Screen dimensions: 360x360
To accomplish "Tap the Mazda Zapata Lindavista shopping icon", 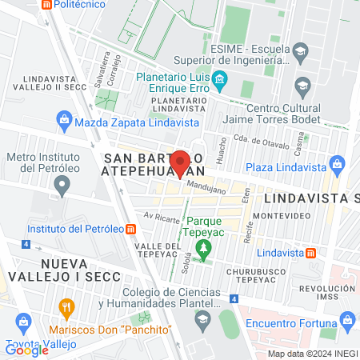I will (x=65, y=122).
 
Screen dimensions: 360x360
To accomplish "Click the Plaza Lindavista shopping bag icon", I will (x=337, y=166).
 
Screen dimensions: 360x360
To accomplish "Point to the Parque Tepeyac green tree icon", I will (x=203, y=249).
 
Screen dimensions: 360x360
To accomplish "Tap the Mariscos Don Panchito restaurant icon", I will (x=66, y=307).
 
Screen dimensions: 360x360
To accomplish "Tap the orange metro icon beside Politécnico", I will (x=47, y=4).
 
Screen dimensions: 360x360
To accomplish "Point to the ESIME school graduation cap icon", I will (x=300, y=52).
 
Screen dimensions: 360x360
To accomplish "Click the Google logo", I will (x=27, y=350).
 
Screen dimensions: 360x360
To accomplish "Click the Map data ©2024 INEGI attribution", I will (x=311, y=354).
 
